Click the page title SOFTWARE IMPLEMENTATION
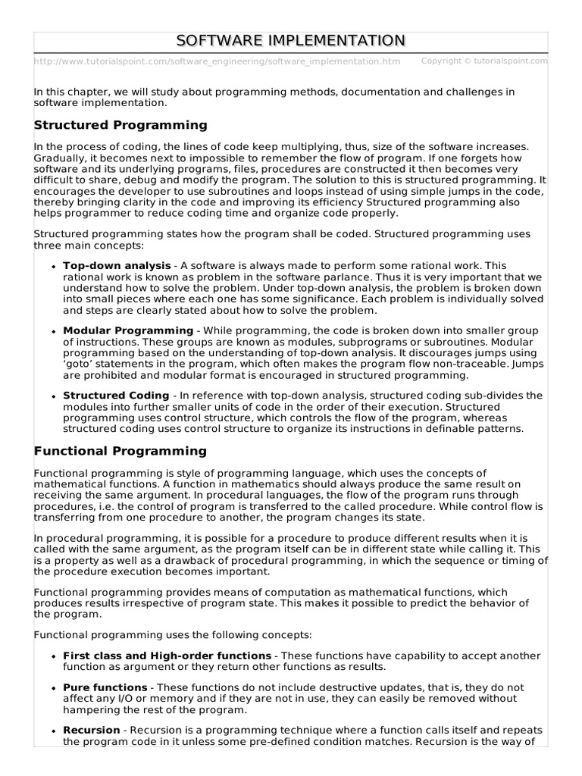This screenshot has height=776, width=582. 291,40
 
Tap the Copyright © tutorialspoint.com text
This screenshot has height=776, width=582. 483,61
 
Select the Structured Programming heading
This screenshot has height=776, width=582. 120,125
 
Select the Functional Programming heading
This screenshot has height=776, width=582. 120,451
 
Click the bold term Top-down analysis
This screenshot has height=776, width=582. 117,266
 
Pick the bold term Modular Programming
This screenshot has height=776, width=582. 128,330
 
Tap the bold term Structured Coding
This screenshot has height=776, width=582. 116,396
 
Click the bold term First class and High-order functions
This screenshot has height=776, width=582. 167,656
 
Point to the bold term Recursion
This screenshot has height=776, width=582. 91,731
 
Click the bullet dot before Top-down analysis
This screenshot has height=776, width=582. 53,267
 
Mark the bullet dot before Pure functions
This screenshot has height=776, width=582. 53,688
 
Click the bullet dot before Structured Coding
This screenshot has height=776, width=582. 53,396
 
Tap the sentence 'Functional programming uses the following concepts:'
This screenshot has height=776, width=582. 173,634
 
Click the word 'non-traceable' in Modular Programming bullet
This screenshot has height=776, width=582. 476,364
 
